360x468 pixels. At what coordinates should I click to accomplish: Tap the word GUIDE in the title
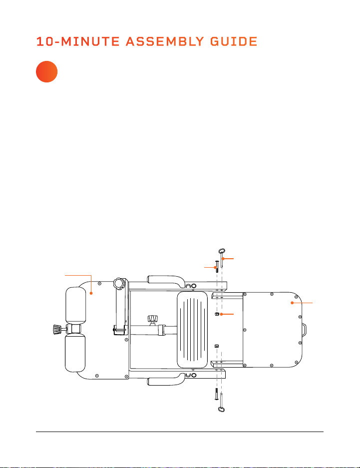(x=234, y=41)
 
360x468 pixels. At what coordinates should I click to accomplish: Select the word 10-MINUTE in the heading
(x=78, y=41)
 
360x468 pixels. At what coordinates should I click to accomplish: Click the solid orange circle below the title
(x=46, y=71)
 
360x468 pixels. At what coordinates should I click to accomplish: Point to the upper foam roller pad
(x=75, y=305)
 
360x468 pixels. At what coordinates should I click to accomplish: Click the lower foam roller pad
(x=75, y=353)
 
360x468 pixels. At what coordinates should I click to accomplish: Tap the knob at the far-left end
(x=56, y=330)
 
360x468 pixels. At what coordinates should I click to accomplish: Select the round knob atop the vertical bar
(x=119, y=283)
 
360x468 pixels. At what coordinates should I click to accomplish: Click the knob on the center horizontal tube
(x=152, y=318)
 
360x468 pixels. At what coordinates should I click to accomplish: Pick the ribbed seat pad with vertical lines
(x=192, y=330)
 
